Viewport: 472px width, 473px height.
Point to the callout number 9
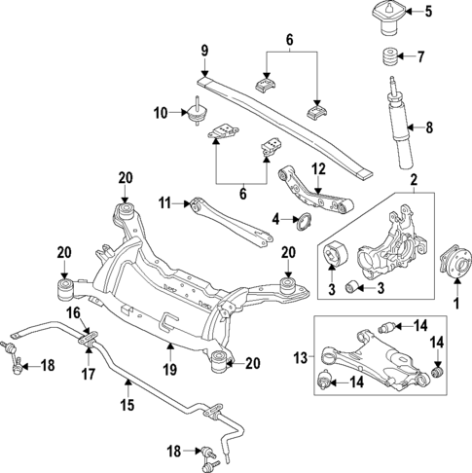[205, 50]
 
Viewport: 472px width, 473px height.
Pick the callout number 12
[316, 168]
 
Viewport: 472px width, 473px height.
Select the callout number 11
[166, 202]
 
